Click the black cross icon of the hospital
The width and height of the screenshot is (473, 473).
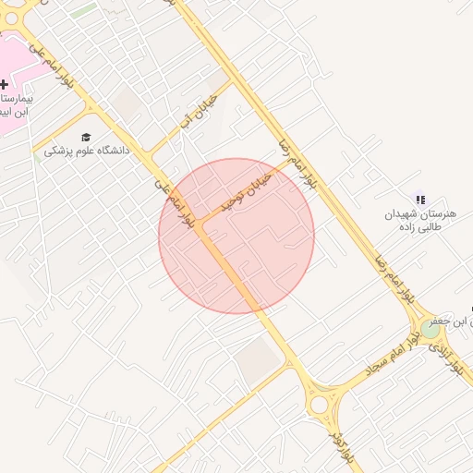click(4, 84)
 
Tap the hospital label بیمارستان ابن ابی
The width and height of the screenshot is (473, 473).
click(17, 103)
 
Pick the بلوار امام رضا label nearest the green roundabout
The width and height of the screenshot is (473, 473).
click(393, 277)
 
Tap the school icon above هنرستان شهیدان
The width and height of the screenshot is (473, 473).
click(421, 200)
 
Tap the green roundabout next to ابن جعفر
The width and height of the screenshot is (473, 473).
click(431, 328)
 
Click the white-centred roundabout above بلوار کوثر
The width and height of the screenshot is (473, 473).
click(321, 404)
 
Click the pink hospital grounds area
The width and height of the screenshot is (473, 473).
click(11, 60)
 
